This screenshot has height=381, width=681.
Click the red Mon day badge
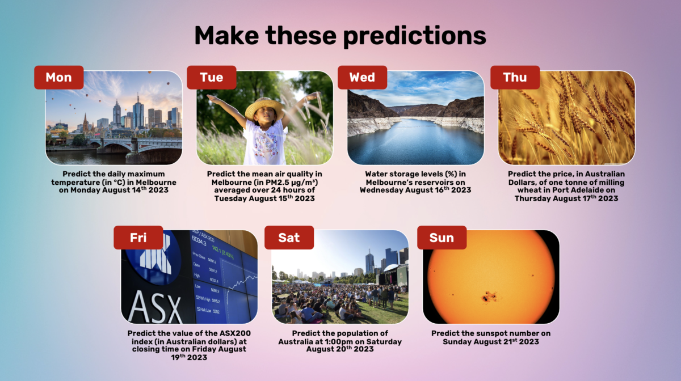pyautogui.click(x=58, y=78)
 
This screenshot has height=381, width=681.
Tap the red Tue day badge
pyautogui.click(x=212, y=78)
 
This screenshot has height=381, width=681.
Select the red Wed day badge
pyautogui.click(x=363, y=78)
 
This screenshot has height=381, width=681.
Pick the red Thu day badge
pyautogui.click(x=515, y=78)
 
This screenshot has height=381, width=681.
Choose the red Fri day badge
pyautogui.click(x=138, y=238)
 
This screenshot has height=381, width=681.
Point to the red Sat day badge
pyautogui.click(x=289, y=238)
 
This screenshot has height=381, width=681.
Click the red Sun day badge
pyautogui.click(x=442, y=238)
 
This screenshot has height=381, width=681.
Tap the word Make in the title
pyautogui.click(x=226, y=36)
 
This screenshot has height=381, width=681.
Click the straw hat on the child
pyautogui.click(x=264, y=108)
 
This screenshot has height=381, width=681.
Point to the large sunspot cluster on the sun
pyautogui.click(x=489, y=296)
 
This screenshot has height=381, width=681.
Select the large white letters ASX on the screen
pyautogui.click(x=155, y=307)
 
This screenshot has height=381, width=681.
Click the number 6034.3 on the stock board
pyautogui.click(x=199, y=242)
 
